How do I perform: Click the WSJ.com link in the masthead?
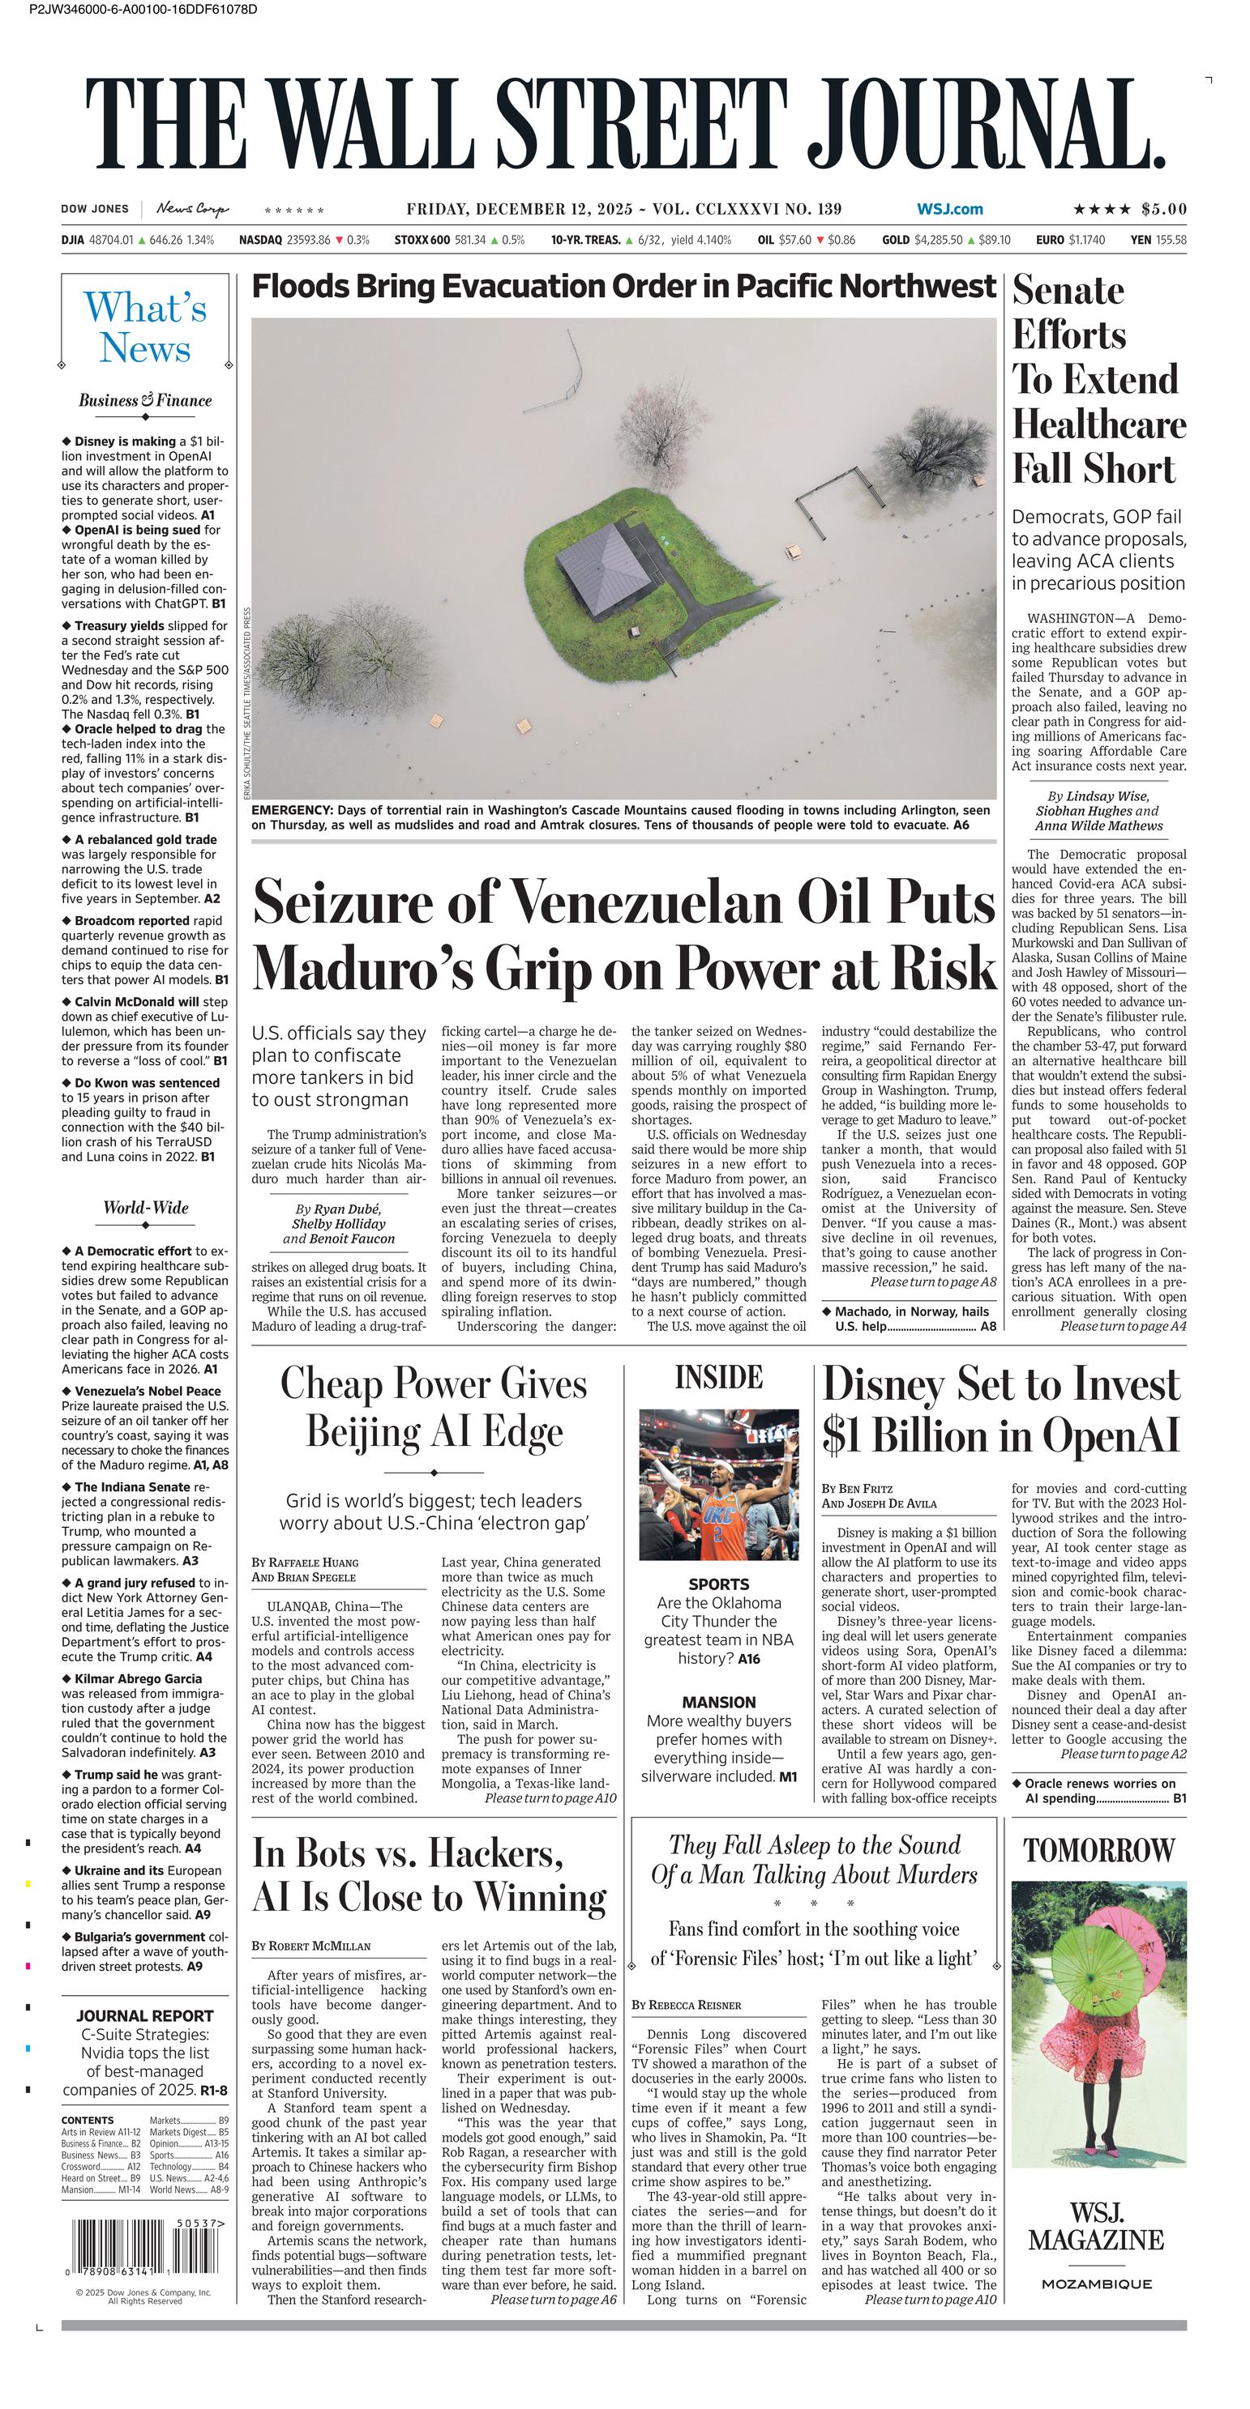pyautogui.click(x=950, y=210)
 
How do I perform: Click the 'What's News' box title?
pyautogui.click(x=145, y=327)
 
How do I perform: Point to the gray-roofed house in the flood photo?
pyautogui.click(x=599, y=567)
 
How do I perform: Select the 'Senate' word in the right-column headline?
pyautogui.click(x=1068, y=291)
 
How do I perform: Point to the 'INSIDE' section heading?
pyautogui.click(x=718, y=1378)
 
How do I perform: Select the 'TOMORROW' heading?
pyautogui.click(x=1098, y=1850)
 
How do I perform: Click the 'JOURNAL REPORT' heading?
pyautogui.click(x=145, y=2016)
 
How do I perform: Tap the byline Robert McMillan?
pyautogui.click(x=311, y=1946)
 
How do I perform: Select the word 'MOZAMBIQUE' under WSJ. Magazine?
pyautogui.click(x=1098, y=2284)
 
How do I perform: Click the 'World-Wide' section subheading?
pyautogui.click(x=145, y=1207)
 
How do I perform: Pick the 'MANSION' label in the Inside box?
pyautogui.click(x=718, y=1702)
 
